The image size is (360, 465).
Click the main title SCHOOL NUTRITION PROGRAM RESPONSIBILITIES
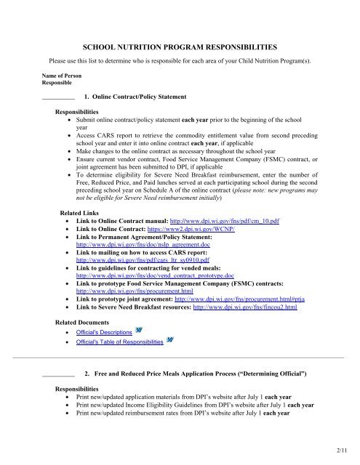180,44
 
